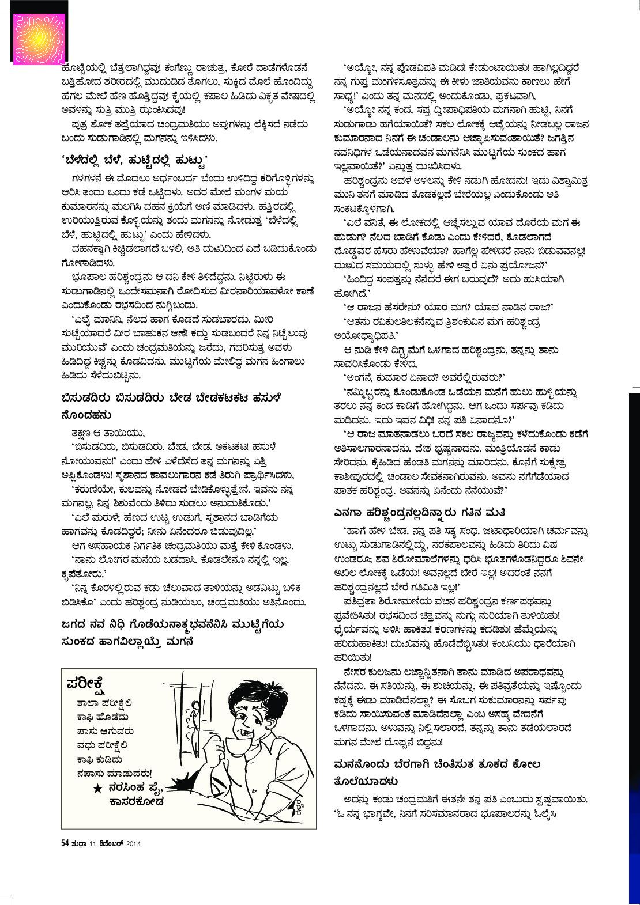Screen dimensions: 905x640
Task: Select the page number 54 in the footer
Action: coord(65,843)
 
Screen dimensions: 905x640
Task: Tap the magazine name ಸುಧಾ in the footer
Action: coord(79,843)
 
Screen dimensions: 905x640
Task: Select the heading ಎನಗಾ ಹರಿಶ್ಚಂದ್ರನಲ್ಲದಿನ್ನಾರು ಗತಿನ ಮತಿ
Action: coord(420,512)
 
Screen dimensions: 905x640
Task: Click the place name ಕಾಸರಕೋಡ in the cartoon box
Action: coord(137,801)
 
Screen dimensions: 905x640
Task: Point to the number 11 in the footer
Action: coord(92,843)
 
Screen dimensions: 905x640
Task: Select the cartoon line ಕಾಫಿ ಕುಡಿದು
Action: coord(99,760)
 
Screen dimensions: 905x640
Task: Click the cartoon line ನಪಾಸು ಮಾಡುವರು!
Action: coord(114,774)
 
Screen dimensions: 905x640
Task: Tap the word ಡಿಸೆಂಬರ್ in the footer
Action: coord(111,843)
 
